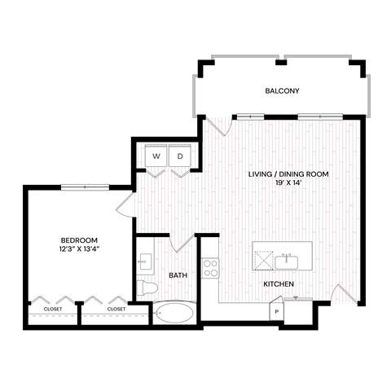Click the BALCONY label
coord(283,90)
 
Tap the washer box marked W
coord(155,155)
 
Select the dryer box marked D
coord(180,155)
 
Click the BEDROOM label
coord(79,239)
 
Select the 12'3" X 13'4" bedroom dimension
coord(79,249)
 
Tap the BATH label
coord(178,275)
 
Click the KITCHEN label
coord(278,283)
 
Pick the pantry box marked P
coord(277,312)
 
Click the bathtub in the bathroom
coord(173,312)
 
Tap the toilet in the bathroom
coord(147,288)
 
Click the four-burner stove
coord(210,266)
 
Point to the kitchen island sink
coord(287,261)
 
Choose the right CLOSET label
coord(116,309)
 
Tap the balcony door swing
coord(218,126)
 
